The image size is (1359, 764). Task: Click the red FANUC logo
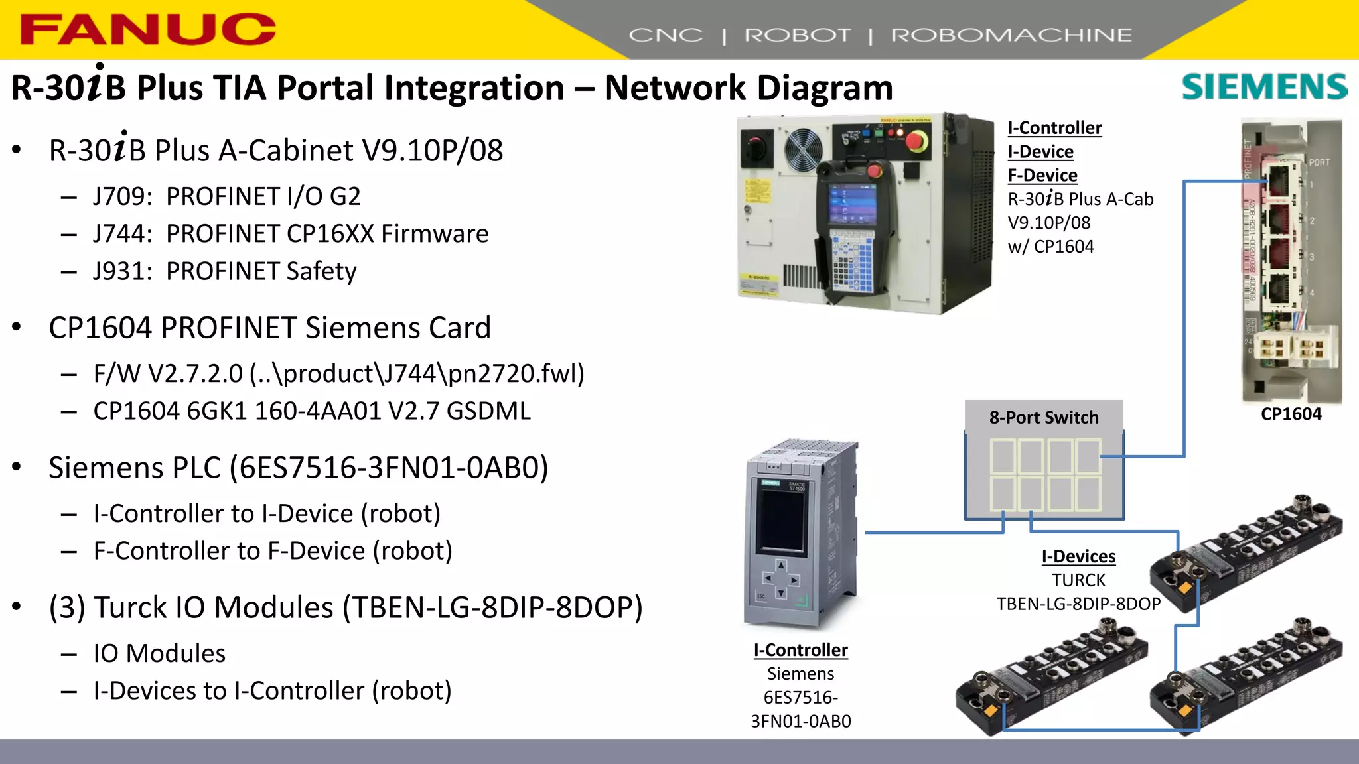[x=147, y=30]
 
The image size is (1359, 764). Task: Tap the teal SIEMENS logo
[x=1264, y=87]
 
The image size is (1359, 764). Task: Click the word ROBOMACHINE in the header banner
[x=1011, y=35]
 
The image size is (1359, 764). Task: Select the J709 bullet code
[x=122, y=196]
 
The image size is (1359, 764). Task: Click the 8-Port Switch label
[x=1043, y=418]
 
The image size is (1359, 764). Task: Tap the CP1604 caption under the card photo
[x=1291, y=414]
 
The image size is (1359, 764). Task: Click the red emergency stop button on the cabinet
[x=917, y=141]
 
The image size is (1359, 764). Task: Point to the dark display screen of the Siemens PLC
[x=782, y=521]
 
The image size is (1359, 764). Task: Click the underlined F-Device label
[x=1042, y=175]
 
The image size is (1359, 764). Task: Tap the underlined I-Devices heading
[x=1078, y=556]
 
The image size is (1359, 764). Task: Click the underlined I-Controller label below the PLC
[x=800, y=650]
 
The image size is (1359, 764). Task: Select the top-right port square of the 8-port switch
[x=1088, y=455]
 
